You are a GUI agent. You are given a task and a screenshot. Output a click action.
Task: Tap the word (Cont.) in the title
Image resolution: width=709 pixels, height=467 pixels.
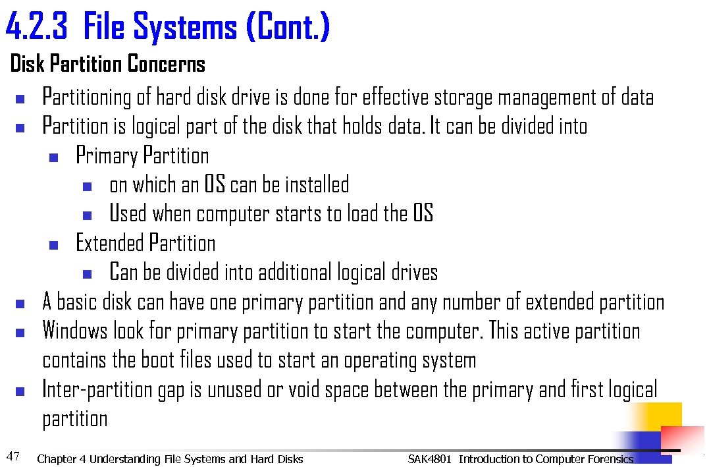click(x=287, y=28)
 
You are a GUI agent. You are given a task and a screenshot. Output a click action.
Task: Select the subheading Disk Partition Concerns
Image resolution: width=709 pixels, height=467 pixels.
click(x=108, y=65)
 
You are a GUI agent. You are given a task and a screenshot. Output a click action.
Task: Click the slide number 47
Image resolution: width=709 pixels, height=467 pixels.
click(x=13, y=455)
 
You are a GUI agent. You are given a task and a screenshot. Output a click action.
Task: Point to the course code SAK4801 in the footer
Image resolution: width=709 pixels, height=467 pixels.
click(x=429, y=459)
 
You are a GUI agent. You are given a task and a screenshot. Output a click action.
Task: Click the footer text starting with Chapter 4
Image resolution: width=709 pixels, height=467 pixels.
click(x=170, y=459)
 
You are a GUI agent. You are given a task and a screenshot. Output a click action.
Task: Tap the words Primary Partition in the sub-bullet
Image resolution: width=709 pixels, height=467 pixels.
click(x=142, y=156)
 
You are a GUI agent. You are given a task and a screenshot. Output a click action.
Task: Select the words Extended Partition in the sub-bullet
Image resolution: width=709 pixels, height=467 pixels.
click(x=145, y=244)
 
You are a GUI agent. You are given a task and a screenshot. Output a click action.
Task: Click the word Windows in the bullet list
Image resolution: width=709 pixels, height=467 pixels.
click(x=75, y=331)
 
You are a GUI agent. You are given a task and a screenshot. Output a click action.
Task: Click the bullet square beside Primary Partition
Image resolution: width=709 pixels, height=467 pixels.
click(x=54, y=158)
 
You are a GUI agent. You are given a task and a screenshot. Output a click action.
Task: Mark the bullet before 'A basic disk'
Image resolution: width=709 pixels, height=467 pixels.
click(x=20, y=304)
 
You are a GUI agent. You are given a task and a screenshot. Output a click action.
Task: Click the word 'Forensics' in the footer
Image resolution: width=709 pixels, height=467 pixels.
click(x=608, y=459)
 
